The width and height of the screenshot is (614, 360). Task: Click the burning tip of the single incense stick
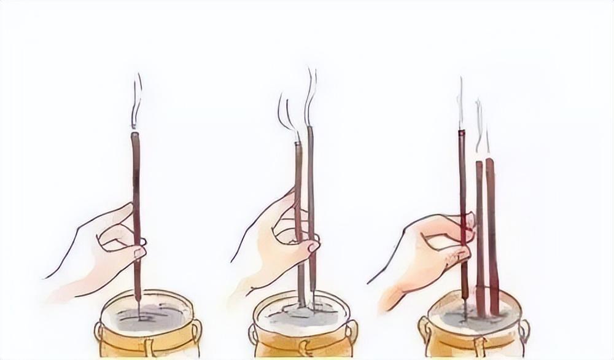[135, 133]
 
